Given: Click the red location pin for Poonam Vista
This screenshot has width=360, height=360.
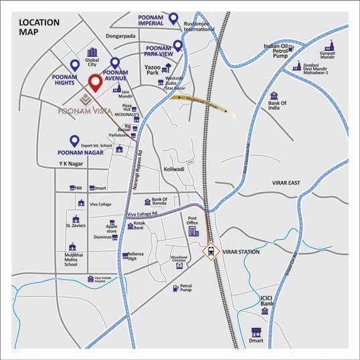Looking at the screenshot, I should coord(95,83).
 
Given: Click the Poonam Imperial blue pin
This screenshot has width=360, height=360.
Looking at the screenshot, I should coord(174,19).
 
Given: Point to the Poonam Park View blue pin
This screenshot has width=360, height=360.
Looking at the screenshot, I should coord(178,46).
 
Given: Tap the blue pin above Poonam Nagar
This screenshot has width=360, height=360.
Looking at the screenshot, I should coord(74,141).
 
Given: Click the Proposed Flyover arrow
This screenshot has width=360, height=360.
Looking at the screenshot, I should coord(201,104).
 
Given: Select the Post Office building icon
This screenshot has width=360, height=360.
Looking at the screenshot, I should coord(193,231).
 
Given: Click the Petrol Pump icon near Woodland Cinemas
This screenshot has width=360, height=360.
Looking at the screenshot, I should coord(175,288).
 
